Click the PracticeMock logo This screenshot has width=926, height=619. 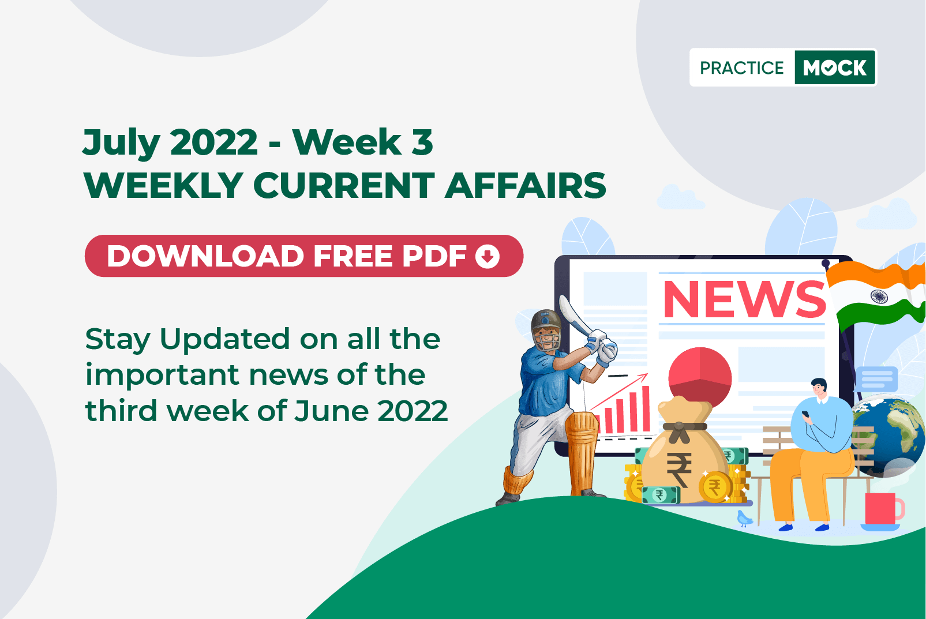(783, 67)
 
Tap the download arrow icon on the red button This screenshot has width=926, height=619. (488, 256)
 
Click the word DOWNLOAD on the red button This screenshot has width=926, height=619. (205, 256)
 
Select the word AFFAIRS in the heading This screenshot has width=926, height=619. (526, 186)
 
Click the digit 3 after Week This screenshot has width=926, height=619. (422, 142)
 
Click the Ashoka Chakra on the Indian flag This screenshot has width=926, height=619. (879, 297)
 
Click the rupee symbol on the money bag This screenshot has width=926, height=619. (679, 470)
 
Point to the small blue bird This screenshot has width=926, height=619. (744, 518)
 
